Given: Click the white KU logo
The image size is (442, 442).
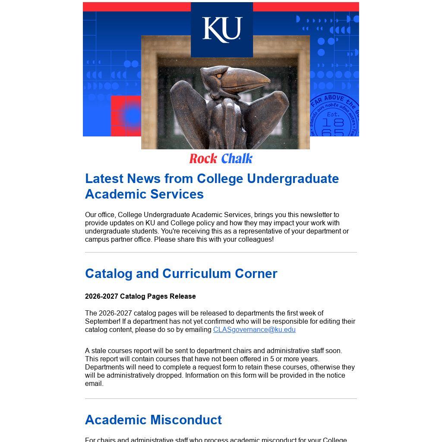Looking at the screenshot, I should point(222,30).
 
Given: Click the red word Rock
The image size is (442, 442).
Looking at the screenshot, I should point(203,159).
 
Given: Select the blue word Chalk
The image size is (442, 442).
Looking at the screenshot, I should point(237,159).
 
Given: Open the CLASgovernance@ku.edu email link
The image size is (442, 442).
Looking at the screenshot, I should point(254,330).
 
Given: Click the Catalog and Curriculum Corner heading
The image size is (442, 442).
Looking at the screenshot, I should point(181,274).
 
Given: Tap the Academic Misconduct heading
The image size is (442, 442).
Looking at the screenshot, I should point(153,420).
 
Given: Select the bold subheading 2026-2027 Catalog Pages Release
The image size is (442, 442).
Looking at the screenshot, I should point(140,297).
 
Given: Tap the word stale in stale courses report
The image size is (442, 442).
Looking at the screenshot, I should point(99,351).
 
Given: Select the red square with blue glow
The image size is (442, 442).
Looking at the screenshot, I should point(126,116).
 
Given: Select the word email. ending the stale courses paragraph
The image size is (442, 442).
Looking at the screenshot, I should point(94,384).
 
